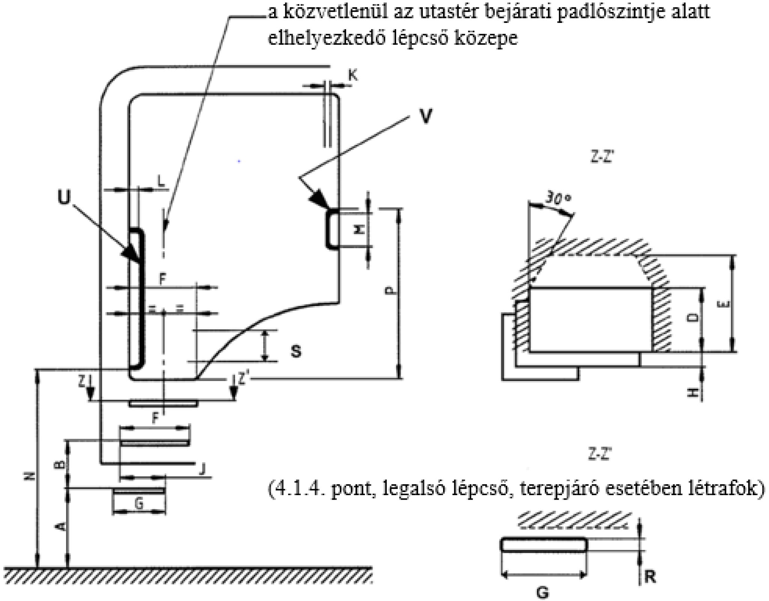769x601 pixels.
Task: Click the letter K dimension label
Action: point(353,75)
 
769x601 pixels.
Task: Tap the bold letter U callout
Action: point(64,198)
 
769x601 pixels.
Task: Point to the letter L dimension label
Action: point(161,183)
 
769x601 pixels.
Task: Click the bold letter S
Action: point(296,352)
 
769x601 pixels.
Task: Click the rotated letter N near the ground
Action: point(32,476)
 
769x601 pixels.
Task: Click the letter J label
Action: point(203,469)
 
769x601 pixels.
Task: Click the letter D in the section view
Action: point(695,318)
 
